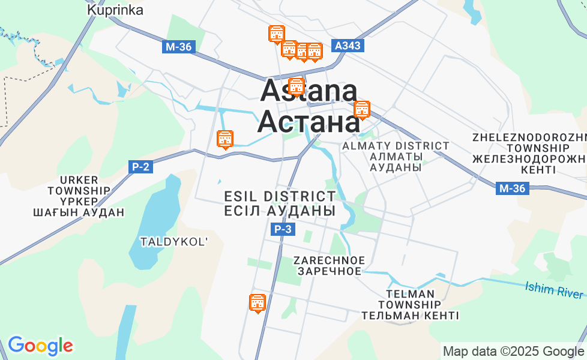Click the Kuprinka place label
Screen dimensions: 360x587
(x=115, y=10)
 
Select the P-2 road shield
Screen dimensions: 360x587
(x=140, y=167)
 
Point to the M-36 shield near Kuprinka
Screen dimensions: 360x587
(x=179, y=47)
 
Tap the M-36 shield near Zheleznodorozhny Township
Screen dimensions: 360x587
(x=512, y=189)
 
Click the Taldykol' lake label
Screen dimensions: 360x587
(x=174, y=242)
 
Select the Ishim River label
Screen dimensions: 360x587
(x=554, y=290)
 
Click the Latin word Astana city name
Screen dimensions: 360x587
(x=309, y=92)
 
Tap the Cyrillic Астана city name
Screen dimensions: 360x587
(x=309, y=122)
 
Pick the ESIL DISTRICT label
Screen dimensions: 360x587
(x=280, y=197)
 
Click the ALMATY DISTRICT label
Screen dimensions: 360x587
(x=396, y=146)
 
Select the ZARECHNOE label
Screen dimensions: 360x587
(x=329, y=260)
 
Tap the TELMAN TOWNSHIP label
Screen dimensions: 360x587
(x=411, y=294)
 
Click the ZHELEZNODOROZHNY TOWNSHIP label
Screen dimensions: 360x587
(x=528, y=137)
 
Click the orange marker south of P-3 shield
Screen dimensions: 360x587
(x=257, y=304)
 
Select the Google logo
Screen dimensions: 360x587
(x=40, y=346)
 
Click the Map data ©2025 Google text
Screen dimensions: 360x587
(x=513, y=351)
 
